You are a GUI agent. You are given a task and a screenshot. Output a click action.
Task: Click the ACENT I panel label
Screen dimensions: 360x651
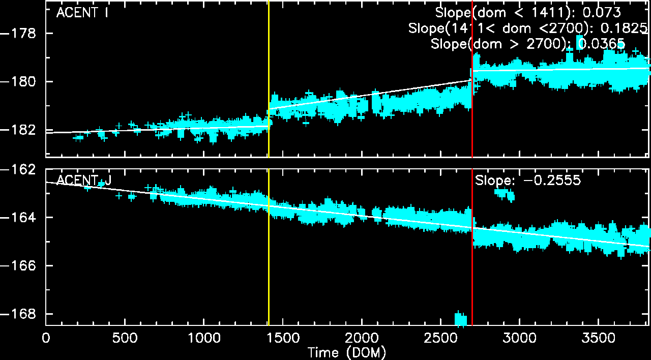pyautogui.click(x=81, y=13)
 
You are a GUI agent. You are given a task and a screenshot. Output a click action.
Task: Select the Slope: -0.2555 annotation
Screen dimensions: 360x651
pyautogui.click(x=527, y=181)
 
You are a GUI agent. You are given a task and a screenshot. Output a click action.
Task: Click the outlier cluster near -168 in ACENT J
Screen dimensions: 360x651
pyautogui.click(x=460, y=319)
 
